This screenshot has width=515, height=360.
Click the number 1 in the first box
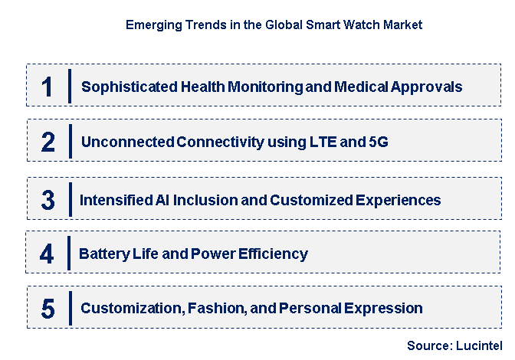point(48,86)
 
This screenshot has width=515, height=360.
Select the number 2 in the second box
point(48,142)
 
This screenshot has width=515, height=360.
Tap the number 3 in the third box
point(48,200)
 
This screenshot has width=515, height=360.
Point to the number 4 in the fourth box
point(47,254)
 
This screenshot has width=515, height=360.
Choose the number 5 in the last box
point(48,309)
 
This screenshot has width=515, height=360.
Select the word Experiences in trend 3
point(401,200)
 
